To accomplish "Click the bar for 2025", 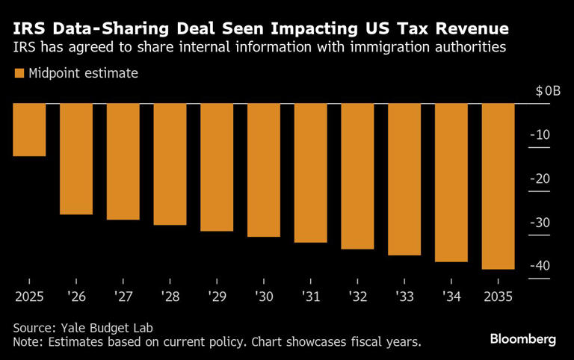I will (x=29, y=130).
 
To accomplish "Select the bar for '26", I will (x=76, y=159).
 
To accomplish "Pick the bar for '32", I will (x=357, y=176).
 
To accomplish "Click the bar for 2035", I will (x=498, y=186).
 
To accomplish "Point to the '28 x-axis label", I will (x=170, y=297).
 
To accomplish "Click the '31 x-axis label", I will (x=310, y=297).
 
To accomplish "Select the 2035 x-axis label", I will (x=497, y=297).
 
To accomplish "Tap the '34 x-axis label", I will (x=451, y=297).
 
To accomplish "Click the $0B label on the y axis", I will (x=548, y=91).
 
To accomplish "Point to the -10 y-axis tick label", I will (x=542, y=135).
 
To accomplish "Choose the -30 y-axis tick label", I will (x=541, y=223).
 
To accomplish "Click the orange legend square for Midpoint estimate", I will (x=19, y=73).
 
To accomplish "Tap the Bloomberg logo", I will (x=522, y=339).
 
